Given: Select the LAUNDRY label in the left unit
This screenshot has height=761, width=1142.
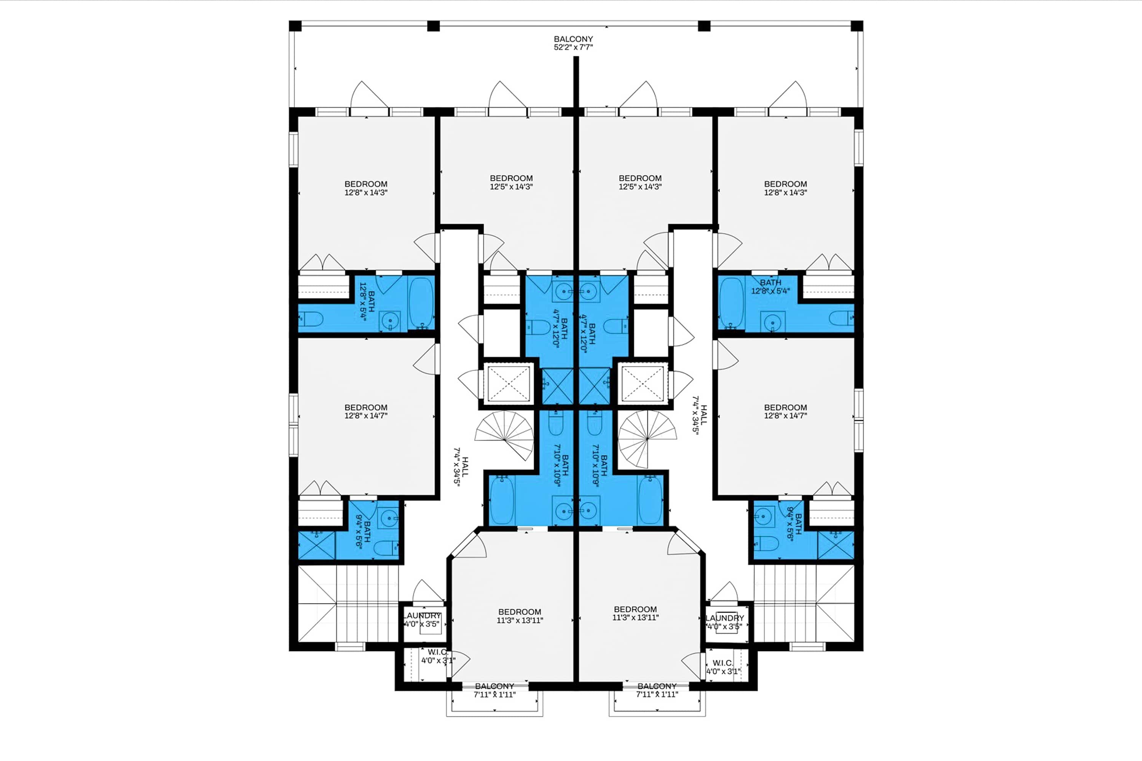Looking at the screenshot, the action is pos(422,620).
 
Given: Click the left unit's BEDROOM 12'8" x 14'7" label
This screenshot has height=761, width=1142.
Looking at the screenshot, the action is pos(365,412).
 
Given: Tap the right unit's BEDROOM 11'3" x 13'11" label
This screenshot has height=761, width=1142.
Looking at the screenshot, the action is pos(635,613).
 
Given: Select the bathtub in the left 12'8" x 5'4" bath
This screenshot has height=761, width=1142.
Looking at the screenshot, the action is pos(421,303).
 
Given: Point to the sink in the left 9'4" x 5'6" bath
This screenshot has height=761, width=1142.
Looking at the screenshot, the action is pos(388,518).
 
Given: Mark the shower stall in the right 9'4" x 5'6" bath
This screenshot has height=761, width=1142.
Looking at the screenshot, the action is pos(836,545).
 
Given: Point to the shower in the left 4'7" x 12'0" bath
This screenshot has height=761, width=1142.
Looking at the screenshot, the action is pos(557,386).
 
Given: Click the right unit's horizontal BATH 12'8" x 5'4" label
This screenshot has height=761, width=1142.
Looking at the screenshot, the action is pos(770,287).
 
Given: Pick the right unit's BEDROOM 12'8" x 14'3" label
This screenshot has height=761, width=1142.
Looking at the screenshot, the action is pos(785,188).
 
